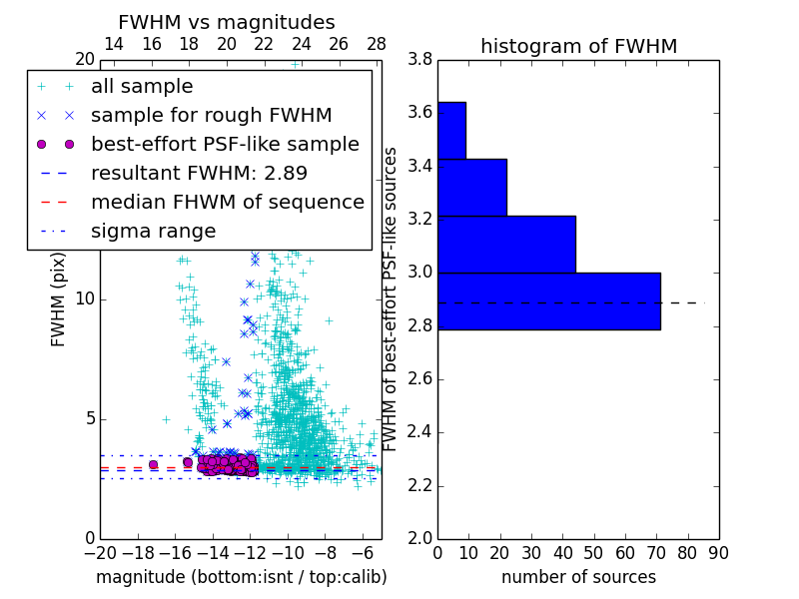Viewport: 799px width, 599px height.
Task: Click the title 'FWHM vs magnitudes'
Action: pyautogui.click(x=227, y=22)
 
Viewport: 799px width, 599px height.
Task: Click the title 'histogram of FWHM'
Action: pyautogui.click(x=578, y=46)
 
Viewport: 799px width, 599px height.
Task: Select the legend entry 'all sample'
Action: pyautogui.click(x=142, y=87)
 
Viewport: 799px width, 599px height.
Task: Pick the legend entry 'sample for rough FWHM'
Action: pyautogui.click(x=211, y=116)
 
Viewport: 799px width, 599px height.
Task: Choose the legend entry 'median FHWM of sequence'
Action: pyautogui.click(x=227, y=202)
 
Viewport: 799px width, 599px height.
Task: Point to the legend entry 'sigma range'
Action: pyautogui.click(x=153, y=231)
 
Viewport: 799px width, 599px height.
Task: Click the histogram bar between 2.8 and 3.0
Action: pyautogui.click(x=548, y=300)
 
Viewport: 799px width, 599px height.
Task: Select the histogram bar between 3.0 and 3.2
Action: pyautogui.click(x=506, y=244)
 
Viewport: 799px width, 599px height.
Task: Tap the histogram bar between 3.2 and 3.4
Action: pyautogui.click(x=472, y=187)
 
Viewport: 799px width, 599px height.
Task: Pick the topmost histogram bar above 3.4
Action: pyautogui.click(x=451, y=130)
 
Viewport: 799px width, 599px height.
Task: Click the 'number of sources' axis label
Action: pyautogui.click(x=578, y=577)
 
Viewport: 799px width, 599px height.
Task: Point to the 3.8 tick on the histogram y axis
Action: pyautogui.click(x=419, y=60)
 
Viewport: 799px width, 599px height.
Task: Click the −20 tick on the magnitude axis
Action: pyautogui.click(x=100, y=552)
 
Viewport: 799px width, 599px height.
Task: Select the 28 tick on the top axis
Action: pyautogui.click(x=377, y=44)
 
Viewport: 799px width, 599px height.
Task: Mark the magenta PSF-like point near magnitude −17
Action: pyautogui.click(x=153, y=464)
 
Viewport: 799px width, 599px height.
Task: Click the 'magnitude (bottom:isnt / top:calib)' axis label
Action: pyautogui.click(x=241, y=577)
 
